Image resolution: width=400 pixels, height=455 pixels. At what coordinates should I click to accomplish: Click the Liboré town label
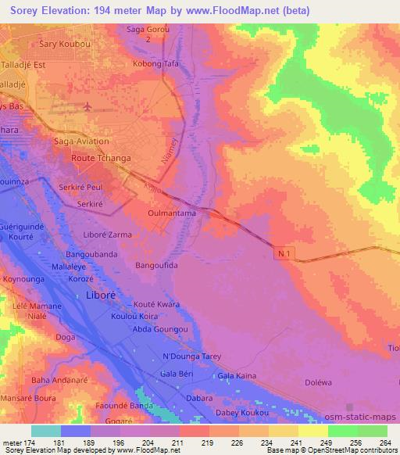pos(100,296)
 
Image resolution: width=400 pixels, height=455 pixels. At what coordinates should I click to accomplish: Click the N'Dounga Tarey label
pos(191,357)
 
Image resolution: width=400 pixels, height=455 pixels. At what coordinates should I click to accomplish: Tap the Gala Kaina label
pos(237,376)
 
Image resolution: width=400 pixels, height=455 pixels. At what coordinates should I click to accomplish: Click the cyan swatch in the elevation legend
pos(46,431)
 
